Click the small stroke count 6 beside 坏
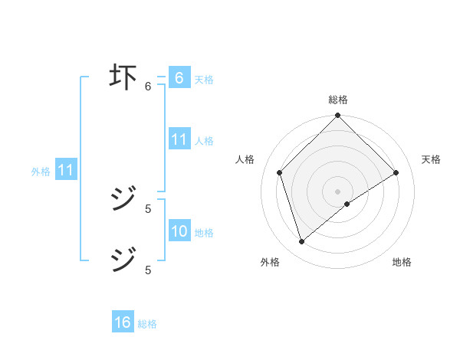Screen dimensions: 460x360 pos(148,86)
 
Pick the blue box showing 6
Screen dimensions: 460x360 pos(179,77)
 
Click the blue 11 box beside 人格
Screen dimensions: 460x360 pos(179,139)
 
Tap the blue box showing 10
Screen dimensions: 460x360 pos(179,231)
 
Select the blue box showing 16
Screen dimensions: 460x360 pos(123,322)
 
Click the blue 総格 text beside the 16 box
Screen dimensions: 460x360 pos(147,324)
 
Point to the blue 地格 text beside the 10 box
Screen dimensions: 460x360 pos(204,233)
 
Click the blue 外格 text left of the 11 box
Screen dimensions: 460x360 pos(41,172)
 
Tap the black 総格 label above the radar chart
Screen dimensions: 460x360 pos(338,100)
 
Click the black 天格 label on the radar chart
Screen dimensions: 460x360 pos(431,159)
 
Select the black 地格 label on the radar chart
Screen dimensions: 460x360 pos(402,263)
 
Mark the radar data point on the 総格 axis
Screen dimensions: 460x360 pos(338,116)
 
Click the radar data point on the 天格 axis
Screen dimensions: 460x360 pos(396,172)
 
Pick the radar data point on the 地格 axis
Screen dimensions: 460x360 pos(347,204)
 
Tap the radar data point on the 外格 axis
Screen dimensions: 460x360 pos(302,241)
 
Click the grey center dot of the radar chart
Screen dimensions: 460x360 pos(338,191)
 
